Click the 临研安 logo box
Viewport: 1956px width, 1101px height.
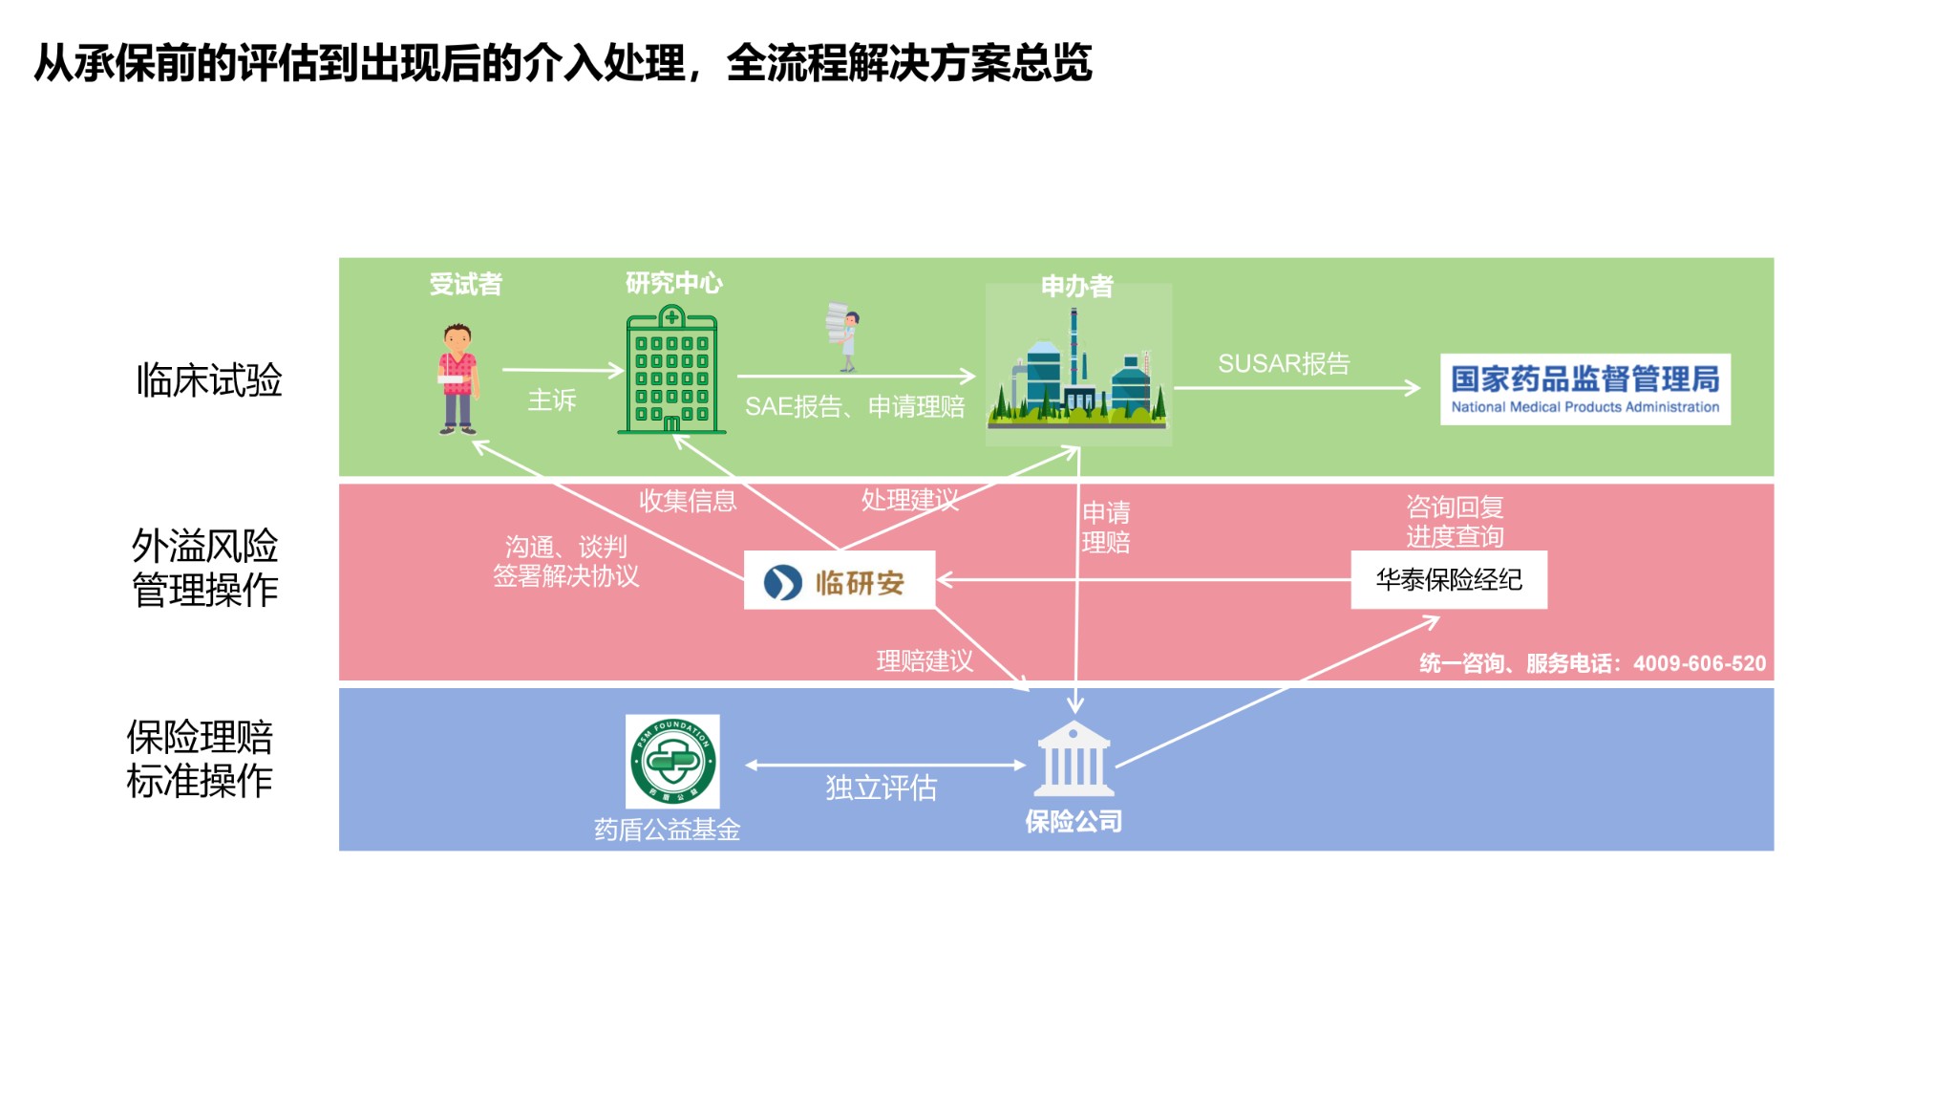(839, 580)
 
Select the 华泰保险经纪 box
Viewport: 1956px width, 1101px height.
(1448, 579)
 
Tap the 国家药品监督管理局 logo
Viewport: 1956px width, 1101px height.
(1584, 389)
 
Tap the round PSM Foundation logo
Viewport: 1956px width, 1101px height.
(672, 762)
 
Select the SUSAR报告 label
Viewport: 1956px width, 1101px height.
(1283, 364)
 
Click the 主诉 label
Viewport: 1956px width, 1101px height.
(552, 400)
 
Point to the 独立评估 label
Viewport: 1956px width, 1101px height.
(881, 788)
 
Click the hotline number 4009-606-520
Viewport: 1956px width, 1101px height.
(1699, 663)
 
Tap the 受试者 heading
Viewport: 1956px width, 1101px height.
(465, 284)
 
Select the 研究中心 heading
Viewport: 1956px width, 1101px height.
(673, 283)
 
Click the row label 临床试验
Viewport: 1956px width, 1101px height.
(209, 380)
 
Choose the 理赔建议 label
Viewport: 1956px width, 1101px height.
(925, 660)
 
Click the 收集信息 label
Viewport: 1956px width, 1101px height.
(688, 501)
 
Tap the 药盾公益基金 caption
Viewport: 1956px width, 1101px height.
(667, 830)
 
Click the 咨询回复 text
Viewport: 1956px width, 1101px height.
(1454, 507)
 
